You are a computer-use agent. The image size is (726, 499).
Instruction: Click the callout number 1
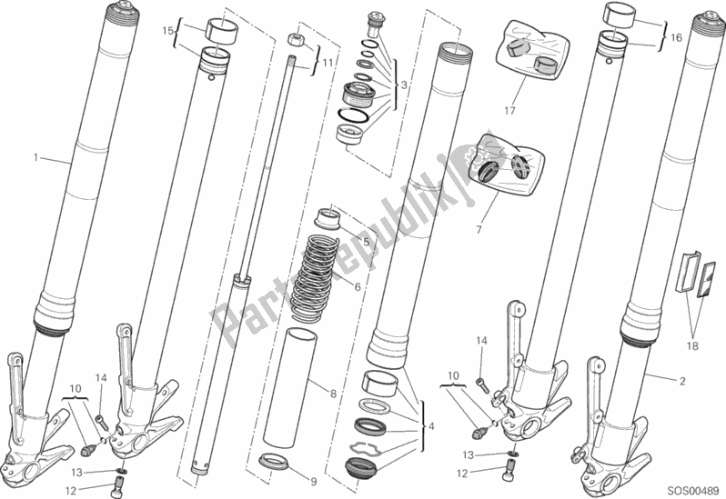pyautogui.click(x=35, y=158)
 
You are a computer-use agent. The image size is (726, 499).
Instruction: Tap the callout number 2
pyautogui.click(x=682, y=381)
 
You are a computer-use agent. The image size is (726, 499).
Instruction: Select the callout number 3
pyautogui.click(x=404, y=85)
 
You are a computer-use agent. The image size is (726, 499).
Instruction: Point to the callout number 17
pyautogui.click(x=509, y=111)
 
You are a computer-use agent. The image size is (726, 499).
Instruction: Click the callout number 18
pyautogui.click(x=692, y=346)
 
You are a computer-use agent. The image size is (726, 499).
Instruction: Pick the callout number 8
pyautogui.click(x=333, y=394)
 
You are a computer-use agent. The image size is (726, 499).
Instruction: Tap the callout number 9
pyautogui.click(x=314, y=482)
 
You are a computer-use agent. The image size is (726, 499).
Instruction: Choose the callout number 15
pyautogui.click(x=167, y=31)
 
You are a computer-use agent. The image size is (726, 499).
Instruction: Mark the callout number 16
pyautogui.click(x=677, y=37)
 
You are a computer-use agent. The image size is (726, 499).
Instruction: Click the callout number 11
pyautogui.click(x=328, y=63)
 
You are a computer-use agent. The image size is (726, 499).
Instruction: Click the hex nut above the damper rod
pyautogui.click(x=295, y=39)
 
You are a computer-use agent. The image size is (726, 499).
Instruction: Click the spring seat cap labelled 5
pyautogui.click(x=327, y=219)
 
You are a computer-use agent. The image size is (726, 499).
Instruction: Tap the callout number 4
pyautogui.click(x=431, y=426)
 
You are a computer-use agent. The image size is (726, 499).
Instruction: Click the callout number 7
pyautogui.click(x=479, y=229)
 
